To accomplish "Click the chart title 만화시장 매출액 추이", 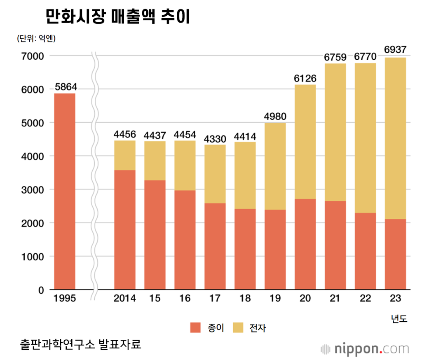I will pos(117,17).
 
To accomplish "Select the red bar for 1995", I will pos(65,192).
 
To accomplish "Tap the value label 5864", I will pos(66,87).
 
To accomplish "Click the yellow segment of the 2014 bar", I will pos(125,155).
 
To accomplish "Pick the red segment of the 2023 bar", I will pos(395,254).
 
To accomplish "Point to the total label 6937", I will pos(395,50).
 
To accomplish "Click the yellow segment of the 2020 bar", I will pos(305,142).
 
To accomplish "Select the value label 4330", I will pos(215,138).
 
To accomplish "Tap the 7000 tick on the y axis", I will pos(35,56).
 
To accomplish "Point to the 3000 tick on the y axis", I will pos(35,189).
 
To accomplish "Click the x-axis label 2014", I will pos(125,299).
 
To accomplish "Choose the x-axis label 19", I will pos(275,299).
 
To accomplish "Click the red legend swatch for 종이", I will pos(195,328).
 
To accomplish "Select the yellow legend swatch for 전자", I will pos(239,328).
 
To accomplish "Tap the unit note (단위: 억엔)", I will pos(36,39).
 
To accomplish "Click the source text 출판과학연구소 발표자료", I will pos(80,344).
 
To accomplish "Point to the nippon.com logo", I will pos(365,349).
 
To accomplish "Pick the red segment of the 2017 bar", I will pos(215,246).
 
